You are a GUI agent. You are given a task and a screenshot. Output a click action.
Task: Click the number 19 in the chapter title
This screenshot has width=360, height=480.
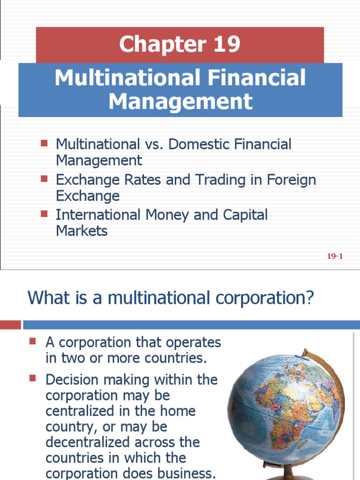tap(226, 45)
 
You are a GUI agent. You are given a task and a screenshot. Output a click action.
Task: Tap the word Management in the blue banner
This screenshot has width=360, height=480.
tap(180, 102)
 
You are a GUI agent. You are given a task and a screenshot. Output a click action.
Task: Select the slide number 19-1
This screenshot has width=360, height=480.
tap(335, 256)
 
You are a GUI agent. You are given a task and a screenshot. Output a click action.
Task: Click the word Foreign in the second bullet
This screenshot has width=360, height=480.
tap(292, 180)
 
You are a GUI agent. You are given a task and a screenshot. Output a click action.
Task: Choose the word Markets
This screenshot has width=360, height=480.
tap(82, 231)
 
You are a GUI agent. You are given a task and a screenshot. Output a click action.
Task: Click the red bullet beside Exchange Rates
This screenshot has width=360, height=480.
tap(45, 179)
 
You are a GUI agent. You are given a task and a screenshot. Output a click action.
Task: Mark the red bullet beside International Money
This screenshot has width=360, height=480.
tap(45, 214)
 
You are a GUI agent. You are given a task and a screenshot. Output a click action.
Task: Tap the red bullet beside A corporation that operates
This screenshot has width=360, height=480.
tap(33, 341)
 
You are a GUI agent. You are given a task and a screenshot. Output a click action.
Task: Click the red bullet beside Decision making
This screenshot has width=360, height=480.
tap(33, 378)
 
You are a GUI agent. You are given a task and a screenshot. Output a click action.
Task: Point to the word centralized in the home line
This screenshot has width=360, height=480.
tap(80, 411)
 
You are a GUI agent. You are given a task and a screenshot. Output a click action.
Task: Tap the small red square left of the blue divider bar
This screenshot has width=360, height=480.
tap(10, 325)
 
